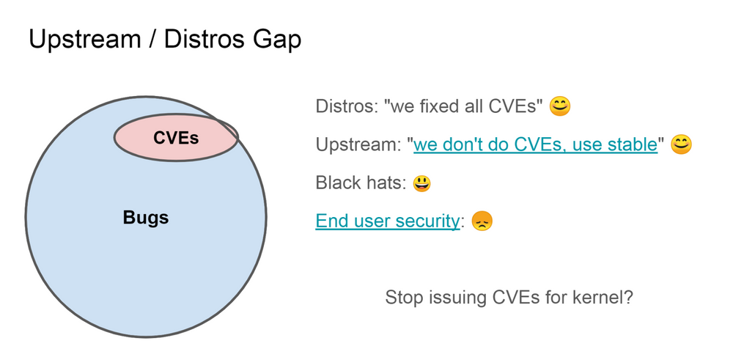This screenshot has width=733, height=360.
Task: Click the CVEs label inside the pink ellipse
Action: tap(176, 137)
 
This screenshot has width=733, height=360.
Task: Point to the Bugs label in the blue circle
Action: tap(146, 218)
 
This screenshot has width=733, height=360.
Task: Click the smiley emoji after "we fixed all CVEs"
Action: tap(560, 106)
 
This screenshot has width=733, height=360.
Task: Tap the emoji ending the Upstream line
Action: tap(681, 144)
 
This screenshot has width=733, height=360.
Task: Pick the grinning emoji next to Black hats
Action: tap(421, 183)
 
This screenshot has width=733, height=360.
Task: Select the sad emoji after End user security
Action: tap(482, 221)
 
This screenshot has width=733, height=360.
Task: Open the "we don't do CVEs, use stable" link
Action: tap(535, 144)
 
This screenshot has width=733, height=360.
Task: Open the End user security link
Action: tap(387, 221)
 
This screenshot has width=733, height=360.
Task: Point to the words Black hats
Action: tap(359, 183)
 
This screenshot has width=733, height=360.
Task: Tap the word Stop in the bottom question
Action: tap(402, 298)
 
